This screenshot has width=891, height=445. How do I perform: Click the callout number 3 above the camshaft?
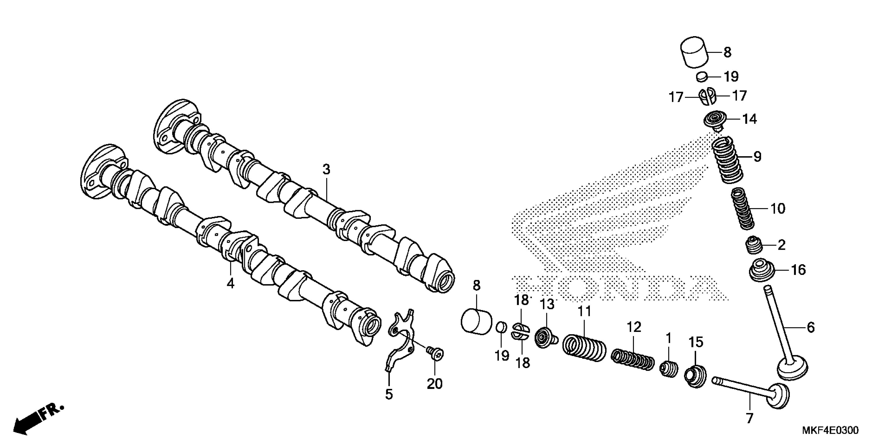[x=326, y=170]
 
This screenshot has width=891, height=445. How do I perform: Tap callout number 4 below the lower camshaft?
[x=230, y=283]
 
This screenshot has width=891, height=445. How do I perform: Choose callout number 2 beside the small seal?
[x=781, y=245]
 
